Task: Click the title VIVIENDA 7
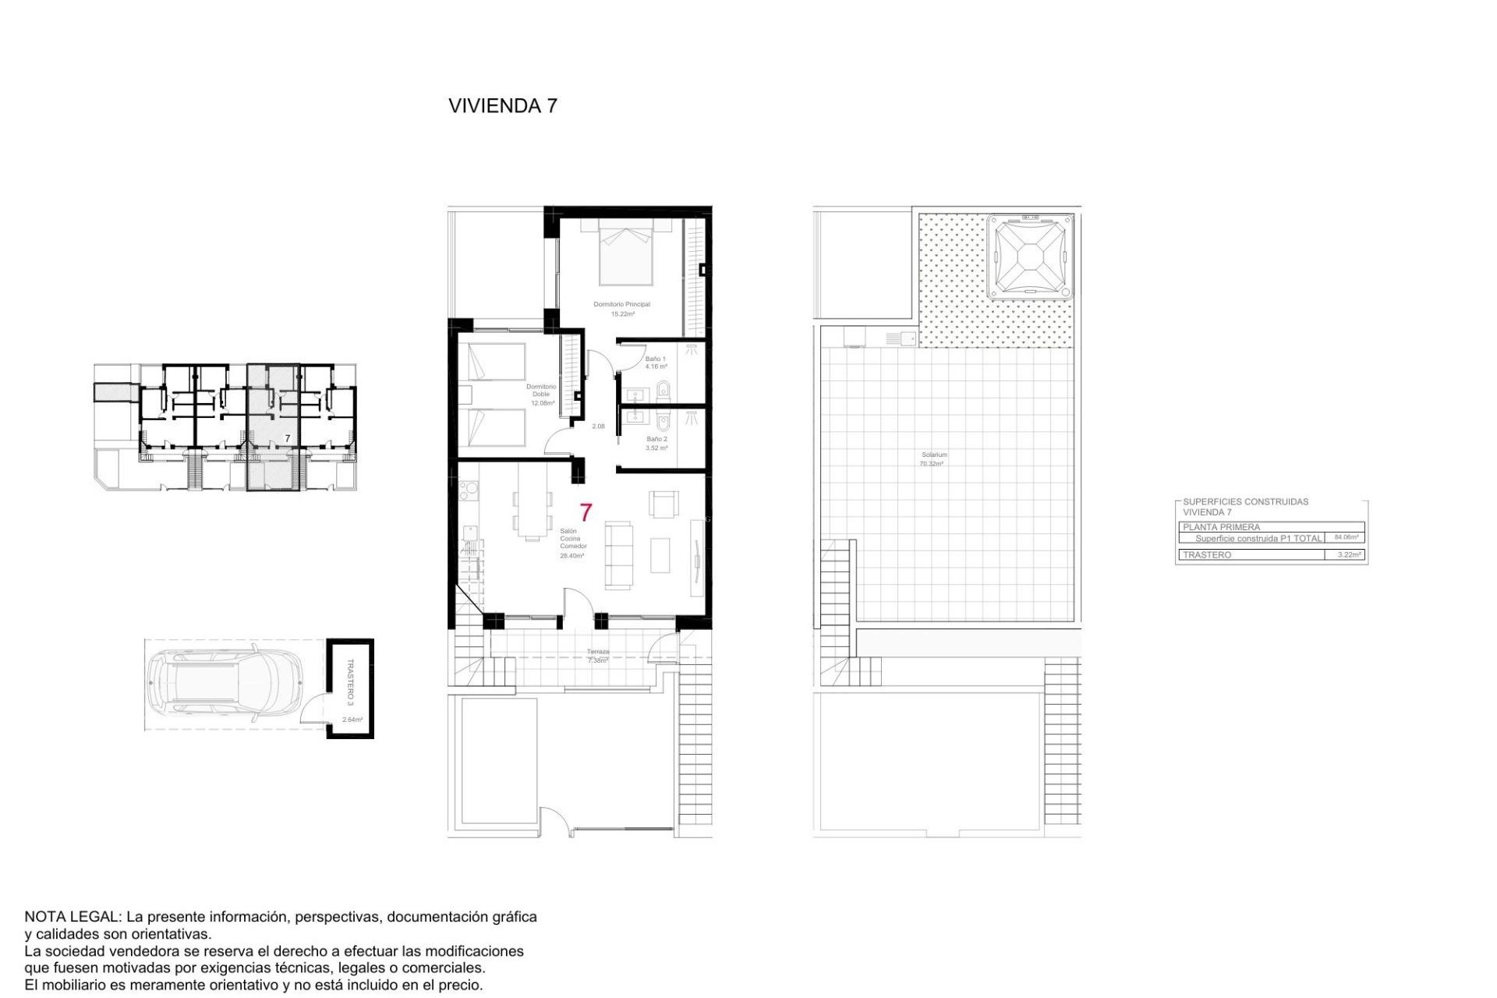503,106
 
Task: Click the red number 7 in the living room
586,512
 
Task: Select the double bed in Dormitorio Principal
626,253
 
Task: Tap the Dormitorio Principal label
621,304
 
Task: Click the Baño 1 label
655,359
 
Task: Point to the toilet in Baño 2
664,423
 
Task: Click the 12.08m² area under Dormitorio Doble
542,403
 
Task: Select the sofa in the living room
620,554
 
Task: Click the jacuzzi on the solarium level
1029,257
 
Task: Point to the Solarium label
933,455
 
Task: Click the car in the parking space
226,685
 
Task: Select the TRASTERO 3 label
350,681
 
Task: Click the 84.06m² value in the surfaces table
1346,537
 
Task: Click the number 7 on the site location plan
287,439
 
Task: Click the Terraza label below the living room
598,652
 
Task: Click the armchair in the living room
664,504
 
